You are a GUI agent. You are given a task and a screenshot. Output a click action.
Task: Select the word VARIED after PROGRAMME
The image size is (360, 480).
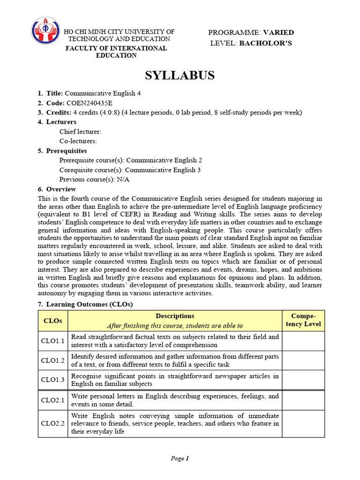click(278, 32)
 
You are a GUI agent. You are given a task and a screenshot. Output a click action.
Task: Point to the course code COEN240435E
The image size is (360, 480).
click(89, 103)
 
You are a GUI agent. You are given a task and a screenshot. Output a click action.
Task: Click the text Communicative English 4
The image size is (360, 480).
click(103, 93)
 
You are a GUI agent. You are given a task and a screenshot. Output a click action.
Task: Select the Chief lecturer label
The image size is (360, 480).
click(80, 132)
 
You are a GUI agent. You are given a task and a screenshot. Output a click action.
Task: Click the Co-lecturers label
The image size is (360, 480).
click(78, 141)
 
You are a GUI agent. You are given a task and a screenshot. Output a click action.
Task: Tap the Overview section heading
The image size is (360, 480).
click(61, 189)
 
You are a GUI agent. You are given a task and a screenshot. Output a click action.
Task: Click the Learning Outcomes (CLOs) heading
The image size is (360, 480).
click(90, 304)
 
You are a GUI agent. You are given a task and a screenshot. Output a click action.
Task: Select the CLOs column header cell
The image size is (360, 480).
click(52, 321)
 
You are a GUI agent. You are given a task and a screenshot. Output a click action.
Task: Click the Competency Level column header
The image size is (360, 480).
click(303, 320)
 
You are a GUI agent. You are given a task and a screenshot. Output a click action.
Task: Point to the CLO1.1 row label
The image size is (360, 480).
click(52, 341)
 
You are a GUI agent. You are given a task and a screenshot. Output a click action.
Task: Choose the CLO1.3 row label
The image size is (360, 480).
click(52, 380)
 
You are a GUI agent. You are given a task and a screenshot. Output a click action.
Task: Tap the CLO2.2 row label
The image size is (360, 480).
click(52, 424)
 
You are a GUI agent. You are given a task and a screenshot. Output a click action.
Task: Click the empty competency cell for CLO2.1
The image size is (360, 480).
click(303, 400)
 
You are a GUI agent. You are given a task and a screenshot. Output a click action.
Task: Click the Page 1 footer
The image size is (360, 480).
click(180, 458)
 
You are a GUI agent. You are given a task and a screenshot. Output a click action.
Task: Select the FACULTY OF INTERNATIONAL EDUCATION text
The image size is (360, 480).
click(116, 52)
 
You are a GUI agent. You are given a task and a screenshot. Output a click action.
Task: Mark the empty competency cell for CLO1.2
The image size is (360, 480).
click(303, 360)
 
